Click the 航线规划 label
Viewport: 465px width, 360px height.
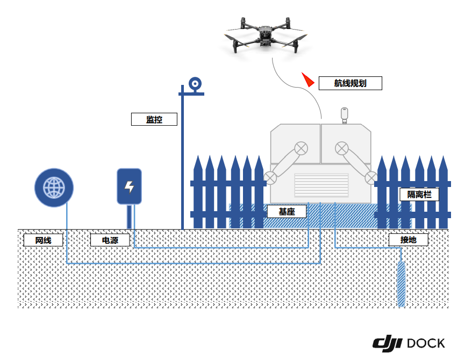pos(350,83)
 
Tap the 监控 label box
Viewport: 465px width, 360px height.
pos(154,119)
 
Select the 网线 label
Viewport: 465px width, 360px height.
pos(43,240)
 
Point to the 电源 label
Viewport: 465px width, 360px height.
pos(110,240)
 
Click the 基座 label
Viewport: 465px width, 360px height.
pos(287,211)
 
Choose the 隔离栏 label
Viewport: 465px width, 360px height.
pos(419,194)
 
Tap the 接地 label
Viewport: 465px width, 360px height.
pos(408,240)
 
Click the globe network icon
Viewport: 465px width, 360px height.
pos(54,188)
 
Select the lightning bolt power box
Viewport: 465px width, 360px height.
pos(129,186)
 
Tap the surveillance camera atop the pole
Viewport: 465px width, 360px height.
pos(195,84)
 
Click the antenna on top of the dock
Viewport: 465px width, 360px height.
pos(345,114)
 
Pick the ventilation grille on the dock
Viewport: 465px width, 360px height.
pos(321,185)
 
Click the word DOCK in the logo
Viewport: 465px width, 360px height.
pos(426,343)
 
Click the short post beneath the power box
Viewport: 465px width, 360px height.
pos(130,217)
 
